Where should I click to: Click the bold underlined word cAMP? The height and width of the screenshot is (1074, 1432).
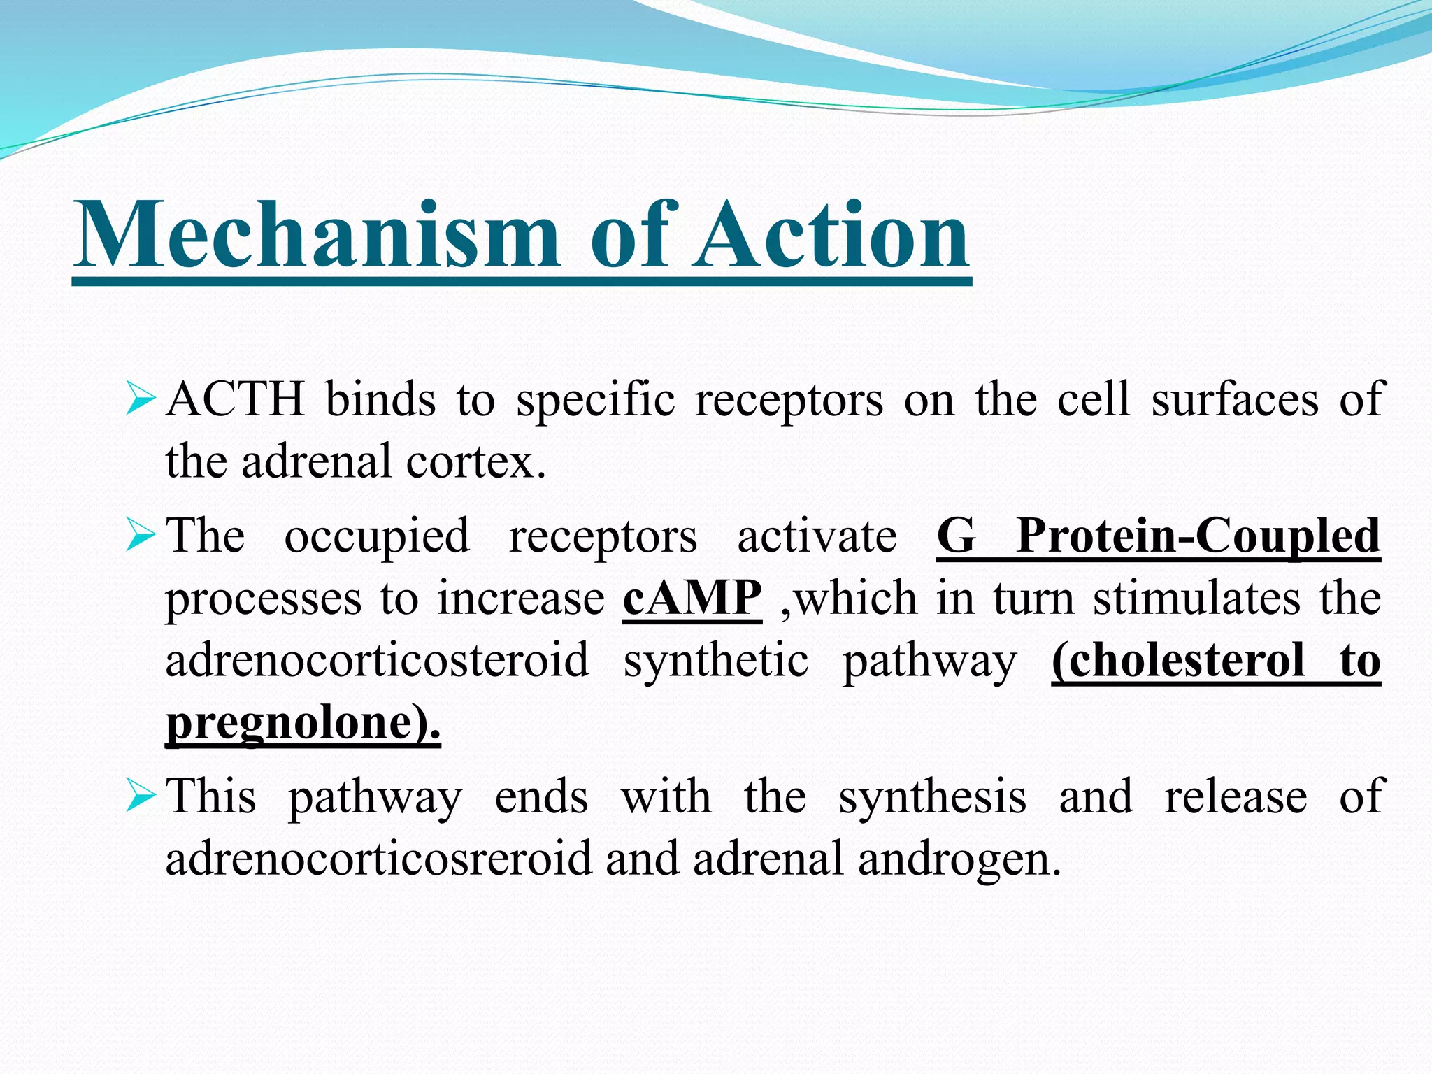[x=692, y=599]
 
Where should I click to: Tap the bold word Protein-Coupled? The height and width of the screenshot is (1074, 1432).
[x=1198, y=536]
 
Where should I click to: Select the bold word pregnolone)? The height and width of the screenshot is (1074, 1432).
[x=303, y=723]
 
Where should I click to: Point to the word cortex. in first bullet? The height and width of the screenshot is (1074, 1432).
[x=475, y=462]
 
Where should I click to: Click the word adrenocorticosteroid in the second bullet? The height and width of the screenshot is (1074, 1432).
[x=377, y=661]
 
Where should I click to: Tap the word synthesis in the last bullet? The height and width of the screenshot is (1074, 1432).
[x=932, y=798]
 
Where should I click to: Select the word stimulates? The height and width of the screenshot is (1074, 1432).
[x=1197, y=599]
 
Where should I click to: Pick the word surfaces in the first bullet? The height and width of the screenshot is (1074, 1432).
[x=1234, y=400]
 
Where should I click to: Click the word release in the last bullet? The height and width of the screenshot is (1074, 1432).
[x=1236, y=796]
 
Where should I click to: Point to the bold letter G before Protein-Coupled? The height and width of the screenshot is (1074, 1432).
[x=956, y=536]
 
